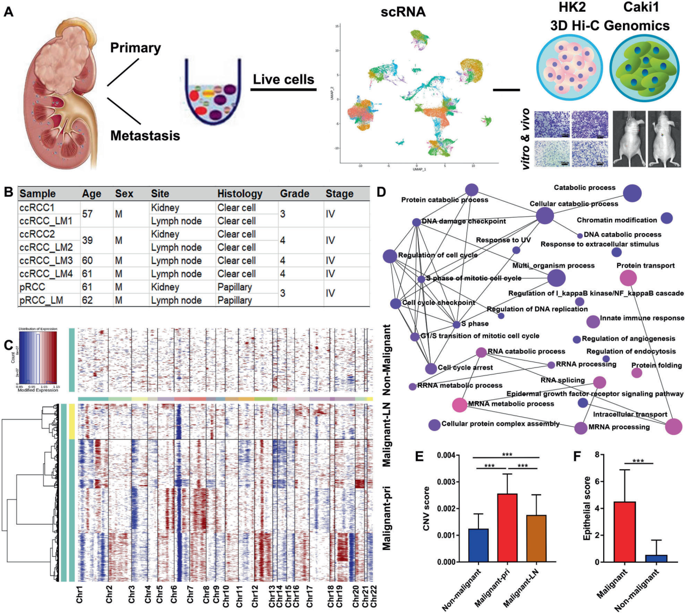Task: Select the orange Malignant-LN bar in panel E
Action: click(536, 538)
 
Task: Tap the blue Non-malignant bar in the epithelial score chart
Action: click(656, 558)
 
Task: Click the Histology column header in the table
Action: click(240, 194)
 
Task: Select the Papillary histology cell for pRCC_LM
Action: click(234, 300)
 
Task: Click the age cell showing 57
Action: click(87, 214)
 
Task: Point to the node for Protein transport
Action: click(628, 278)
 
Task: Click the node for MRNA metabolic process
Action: click(459, 404)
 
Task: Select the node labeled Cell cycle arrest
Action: click(431, 369)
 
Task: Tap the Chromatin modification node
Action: click(666, 218)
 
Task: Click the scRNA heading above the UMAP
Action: click(403, 12)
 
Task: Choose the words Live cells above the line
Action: click(283, 80)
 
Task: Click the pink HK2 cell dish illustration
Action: click(569, 68)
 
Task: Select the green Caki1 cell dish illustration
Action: click(646, 68)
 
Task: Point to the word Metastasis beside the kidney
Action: click(145, 135)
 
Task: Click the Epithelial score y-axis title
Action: click(587, 508)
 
